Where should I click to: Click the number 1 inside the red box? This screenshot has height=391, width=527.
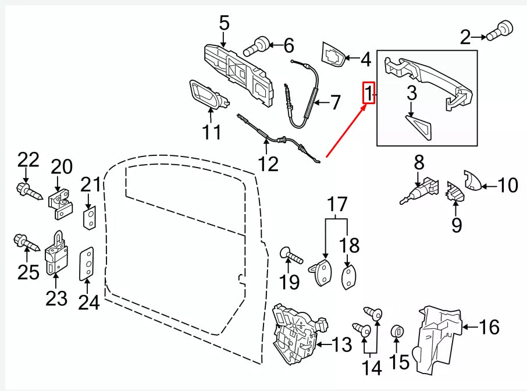click(x=368, y=93)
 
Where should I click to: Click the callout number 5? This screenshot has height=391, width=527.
click(x=224, y=23)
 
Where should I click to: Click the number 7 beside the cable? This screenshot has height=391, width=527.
click(x=335, y=103)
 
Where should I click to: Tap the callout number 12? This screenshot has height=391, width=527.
click(x=268, y=163)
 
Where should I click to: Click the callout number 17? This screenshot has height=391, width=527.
click(x=336, y=205)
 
